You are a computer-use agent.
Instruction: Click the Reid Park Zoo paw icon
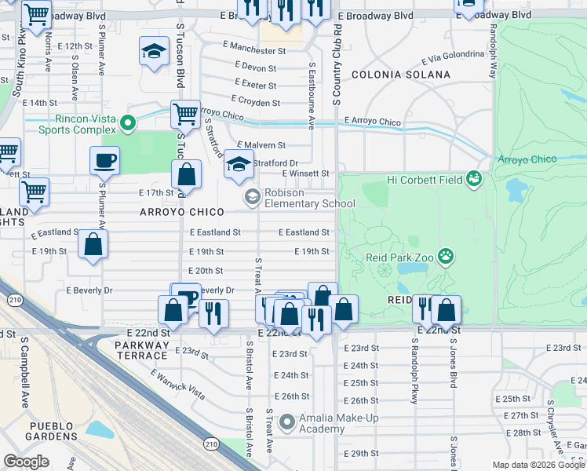pos(447,255)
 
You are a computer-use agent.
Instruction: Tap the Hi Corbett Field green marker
pos(472,180)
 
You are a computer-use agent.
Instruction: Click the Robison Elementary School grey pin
pos(252,195)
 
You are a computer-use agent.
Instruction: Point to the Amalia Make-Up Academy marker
pos(287,422)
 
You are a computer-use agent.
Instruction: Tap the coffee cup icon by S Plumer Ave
pos(104,161)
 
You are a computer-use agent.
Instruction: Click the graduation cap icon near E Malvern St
pos(239,164)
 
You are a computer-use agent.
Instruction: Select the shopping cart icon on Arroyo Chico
pos(185,114)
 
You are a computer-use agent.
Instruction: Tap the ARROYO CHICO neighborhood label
pos(182,212)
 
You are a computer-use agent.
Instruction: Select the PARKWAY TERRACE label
pos(142,350)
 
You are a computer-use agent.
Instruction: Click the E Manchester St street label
pos(253,49)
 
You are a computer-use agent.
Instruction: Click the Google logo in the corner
pos(26,462)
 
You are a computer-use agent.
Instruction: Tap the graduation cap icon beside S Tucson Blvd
pos(154,52)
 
